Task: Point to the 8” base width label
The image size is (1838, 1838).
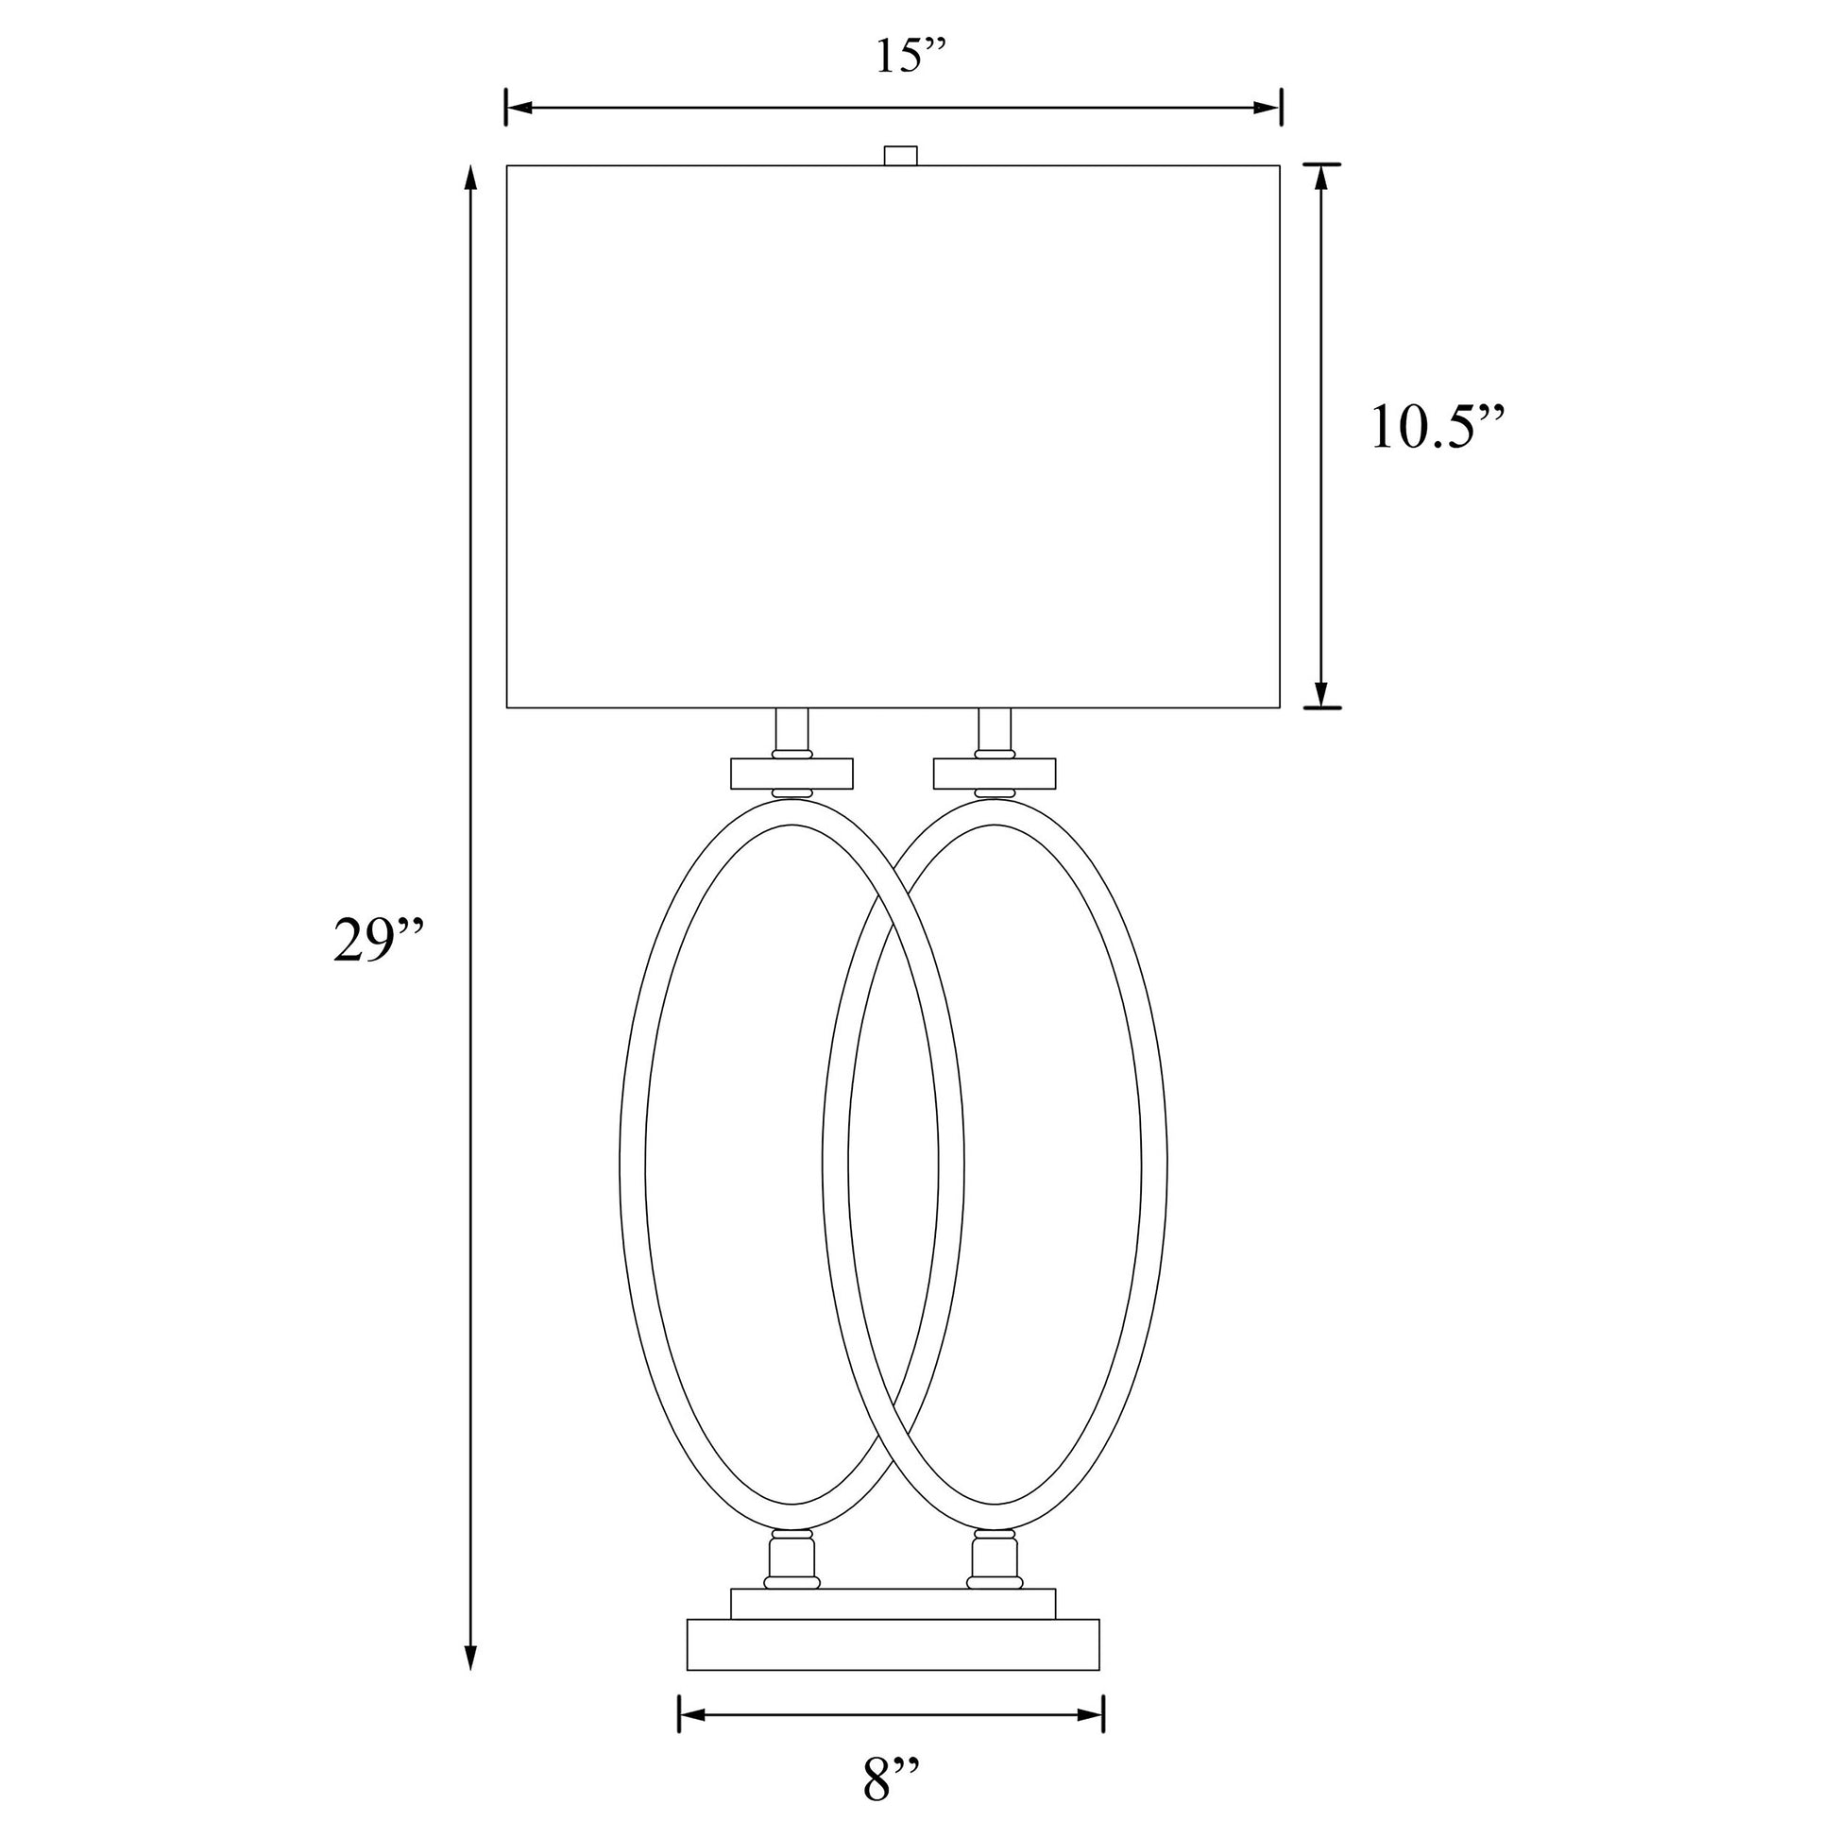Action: [892, 1781]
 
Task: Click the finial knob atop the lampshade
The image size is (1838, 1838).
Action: [900, 155]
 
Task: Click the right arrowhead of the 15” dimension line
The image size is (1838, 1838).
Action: [1268, 108]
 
